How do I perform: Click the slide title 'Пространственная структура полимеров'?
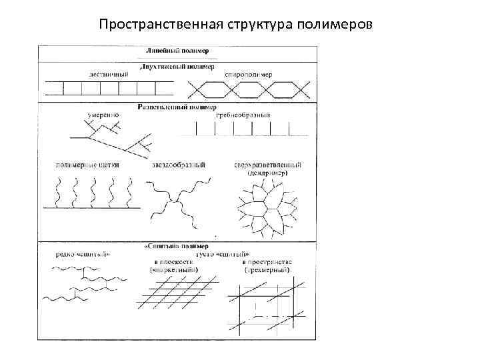tap(236, 25)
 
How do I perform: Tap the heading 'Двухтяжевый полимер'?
tap(176, 67)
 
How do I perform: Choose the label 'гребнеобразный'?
tap(243, 115)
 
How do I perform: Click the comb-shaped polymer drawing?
tap(249, 131)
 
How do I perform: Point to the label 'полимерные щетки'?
tap(85, 165)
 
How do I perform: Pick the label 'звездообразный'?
tap(178, 165)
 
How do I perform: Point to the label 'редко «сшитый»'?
tap(84, 254)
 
